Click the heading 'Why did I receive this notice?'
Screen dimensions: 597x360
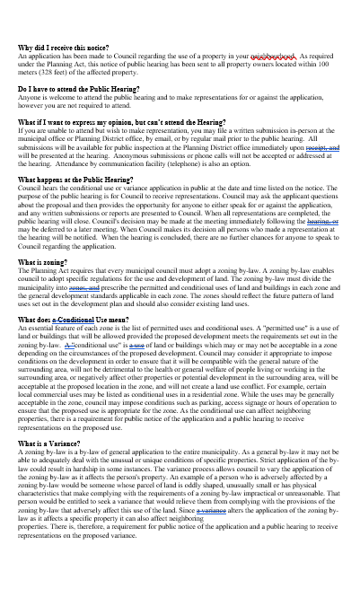click(x=62, y=47)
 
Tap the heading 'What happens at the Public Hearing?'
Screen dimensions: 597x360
click(x=76, y=180)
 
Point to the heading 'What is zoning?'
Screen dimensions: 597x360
click(x=45, y=261)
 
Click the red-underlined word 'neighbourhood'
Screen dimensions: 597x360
click(x=277, y=55)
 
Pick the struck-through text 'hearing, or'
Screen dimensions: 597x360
click(x=322, y=219)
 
